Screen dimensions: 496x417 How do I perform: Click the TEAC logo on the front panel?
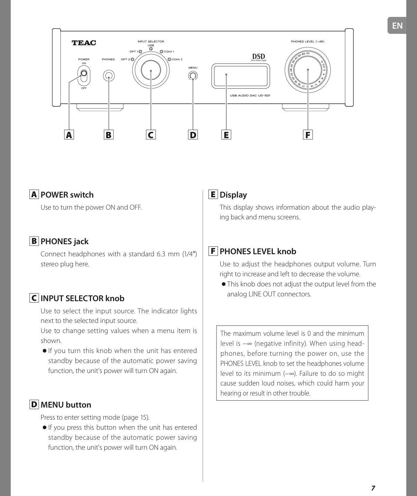[84, 43]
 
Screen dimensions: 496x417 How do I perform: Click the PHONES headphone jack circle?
[109, 76]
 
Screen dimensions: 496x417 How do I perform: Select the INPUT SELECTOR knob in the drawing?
[151, 70]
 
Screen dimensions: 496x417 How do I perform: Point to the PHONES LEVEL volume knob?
[307, 70]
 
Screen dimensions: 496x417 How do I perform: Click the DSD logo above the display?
[258, 57]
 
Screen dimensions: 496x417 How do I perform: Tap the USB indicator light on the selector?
[151, 49]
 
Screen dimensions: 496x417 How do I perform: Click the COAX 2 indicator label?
[177, 59]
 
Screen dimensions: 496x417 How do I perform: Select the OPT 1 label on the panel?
[133, 52]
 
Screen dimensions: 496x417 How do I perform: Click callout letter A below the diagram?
[69, 135]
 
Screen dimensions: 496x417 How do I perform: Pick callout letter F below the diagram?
[307, 135]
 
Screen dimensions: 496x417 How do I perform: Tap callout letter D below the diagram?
[193, 135]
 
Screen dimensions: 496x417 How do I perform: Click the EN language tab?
[397, 26]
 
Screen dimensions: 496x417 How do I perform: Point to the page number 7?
[373, 488]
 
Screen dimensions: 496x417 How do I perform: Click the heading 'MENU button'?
[66, 404]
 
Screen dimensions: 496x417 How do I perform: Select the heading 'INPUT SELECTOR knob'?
[82, 298]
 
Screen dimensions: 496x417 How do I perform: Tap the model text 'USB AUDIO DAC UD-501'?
[250, 95]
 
